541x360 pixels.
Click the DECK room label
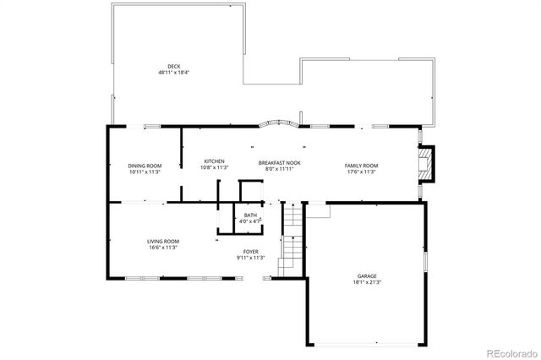click(173, 66)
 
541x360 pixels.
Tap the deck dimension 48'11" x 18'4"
click(173, 73)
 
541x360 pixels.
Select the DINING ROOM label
click(145, 166)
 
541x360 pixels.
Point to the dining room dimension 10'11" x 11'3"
click(145, 172)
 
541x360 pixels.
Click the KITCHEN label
click(214, 161)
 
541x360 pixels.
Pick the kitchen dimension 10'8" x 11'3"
click(214, 167)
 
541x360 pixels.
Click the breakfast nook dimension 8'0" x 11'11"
click(279, 168)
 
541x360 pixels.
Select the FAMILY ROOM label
click(360, 165)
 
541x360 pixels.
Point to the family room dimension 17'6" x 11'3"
click(360, 172)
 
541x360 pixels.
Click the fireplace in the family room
click(429, 166)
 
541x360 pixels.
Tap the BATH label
click(251, 215)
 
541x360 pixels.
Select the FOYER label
click(251, 251)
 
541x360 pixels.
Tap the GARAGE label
click(366, 275)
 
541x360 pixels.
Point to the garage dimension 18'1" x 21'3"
click(366, 282)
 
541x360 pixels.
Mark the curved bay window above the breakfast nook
click(278, 124)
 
